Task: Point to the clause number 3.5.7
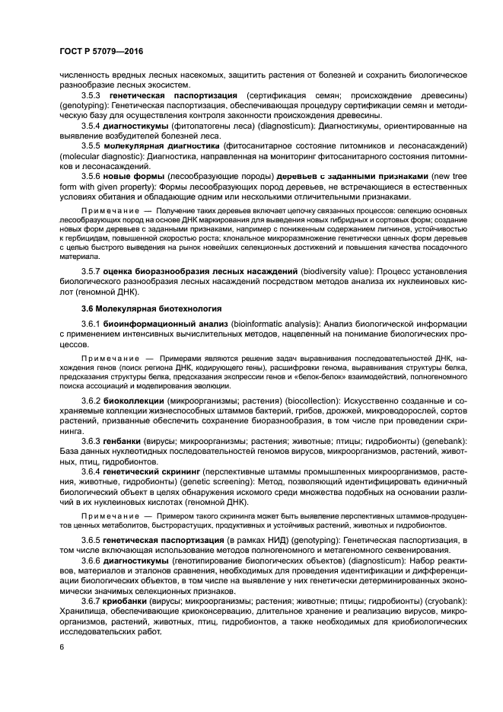click(91, 270)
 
